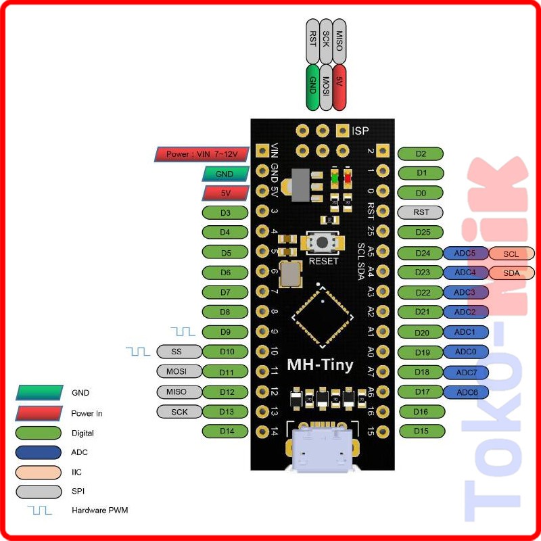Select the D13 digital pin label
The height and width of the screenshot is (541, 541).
(226, 412)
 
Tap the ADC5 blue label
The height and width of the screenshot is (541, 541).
(465, 254)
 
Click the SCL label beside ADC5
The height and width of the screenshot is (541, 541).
(511, 254)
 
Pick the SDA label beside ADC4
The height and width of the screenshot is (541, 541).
(511, 273)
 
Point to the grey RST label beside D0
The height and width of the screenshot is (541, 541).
(421, 212)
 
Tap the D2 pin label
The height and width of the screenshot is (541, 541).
(421, 154)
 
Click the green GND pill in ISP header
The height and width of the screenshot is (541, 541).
(312, 87)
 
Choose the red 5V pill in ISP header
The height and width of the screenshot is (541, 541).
(339, 87)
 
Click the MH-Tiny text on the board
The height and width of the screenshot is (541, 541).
(320, 365)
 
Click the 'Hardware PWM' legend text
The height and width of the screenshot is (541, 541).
(99, 510)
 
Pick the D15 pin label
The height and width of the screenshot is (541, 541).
(421, 431)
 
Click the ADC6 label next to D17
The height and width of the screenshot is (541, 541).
(467, 392)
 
